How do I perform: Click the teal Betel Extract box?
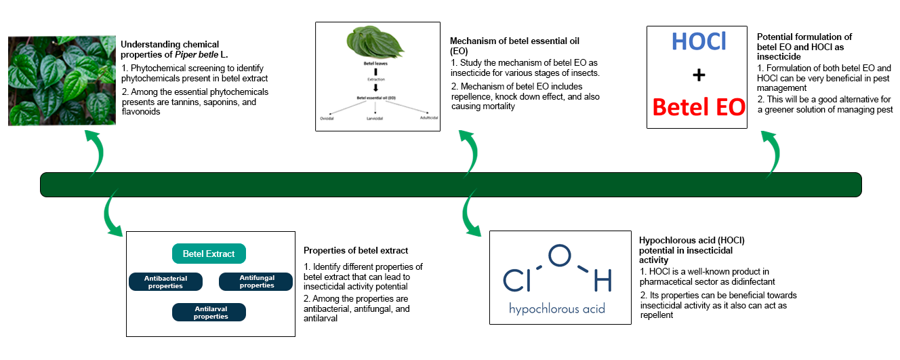[x=209, y=254]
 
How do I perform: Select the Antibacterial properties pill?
[x=165, y=281]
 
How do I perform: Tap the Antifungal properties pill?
[x=256, y=281]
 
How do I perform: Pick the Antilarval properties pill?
[x=210, y=312]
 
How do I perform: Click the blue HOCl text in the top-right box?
[x=698, y=42]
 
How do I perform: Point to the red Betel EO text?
[x=698, y=106]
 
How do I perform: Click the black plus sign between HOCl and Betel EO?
[x=698, y=75]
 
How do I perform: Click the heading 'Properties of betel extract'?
[x=356, y=251]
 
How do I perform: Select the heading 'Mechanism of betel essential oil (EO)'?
[x=515, y=45]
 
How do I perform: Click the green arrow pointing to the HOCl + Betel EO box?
[x=771, y=153]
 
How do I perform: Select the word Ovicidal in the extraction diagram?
[x=327, y=118]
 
